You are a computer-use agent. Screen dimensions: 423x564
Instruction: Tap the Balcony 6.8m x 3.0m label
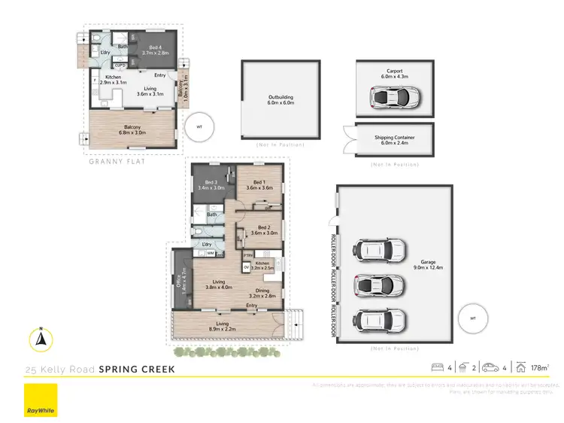[x=132, y=129]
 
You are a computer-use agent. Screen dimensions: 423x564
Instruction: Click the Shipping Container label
[x=395, y=140]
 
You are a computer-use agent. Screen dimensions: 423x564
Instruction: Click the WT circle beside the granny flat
[x=199, y=126]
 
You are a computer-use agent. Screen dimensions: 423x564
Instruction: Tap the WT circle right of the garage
[x=473, y=318]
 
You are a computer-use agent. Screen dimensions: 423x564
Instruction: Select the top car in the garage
[x=381, y=249]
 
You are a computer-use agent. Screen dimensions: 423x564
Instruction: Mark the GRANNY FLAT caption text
[x=116, y=161]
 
